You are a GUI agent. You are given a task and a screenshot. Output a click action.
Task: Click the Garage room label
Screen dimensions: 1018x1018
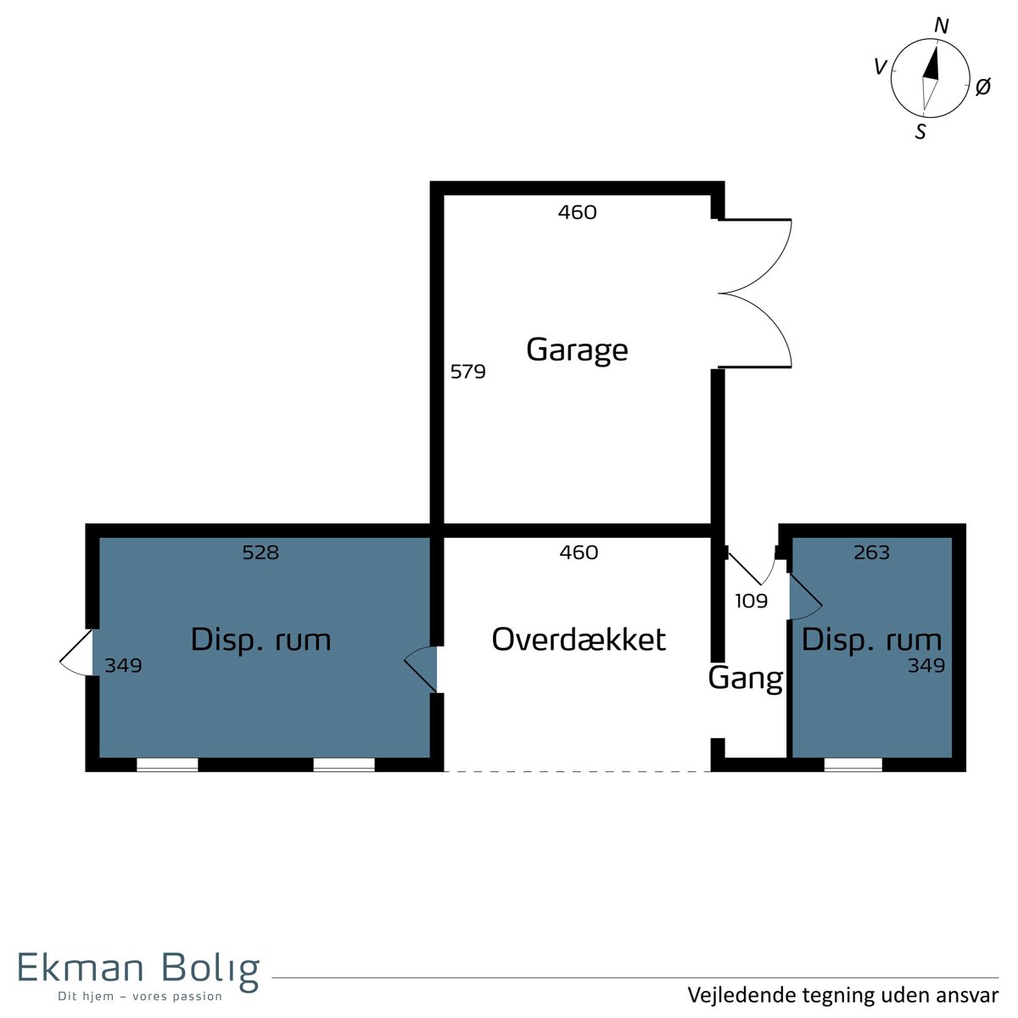[577, 350]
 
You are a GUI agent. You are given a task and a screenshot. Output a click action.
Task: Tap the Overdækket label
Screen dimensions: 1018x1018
[579, 640]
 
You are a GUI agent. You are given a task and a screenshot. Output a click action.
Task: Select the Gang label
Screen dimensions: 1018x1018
[746, 680]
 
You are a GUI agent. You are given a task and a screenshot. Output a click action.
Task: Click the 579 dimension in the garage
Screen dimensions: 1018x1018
[467, 372]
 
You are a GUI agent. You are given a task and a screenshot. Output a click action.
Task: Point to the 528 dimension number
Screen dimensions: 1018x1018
[260, 552]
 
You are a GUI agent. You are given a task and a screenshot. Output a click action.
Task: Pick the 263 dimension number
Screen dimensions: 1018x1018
[872, 552]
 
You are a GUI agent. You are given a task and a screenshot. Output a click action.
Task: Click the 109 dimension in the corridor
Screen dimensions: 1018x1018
[752, 601]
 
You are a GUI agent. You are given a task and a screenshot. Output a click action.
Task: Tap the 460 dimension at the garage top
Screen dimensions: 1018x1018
[578, 212]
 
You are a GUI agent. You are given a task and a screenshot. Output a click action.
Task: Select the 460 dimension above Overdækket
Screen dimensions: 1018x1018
[579, 552]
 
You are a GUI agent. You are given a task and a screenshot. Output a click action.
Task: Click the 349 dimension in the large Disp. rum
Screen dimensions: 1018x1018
[123, 666]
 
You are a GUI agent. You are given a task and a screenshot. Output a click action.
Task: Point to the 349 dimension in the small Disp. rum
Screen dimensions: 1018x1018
[926, 666]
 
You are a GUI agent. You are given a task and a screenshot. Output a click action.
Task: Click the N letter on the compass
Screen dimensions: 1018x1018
[942, 25]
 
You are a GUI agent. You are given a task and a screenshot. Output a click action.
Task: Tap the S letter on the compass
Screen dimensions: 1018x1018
[920, 131]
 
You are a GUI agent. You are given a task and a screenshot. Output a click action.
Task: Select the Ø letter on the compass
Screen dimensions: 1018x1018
[982, 87]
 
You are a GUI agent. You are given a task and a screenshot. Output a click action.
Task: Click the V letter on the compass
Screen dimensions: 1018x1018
[881, 67]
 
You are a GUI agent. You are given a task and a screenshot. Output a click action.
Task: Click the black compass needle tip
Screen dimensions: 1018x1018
[936, 47]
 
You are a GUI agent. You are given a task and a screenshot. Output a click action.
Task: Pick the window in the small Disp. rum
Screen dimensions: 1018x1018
[853, 764]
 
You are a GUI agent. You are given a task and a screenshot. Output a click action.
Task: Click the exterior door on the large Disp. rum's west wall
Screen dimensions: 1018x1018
[76, 652]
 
